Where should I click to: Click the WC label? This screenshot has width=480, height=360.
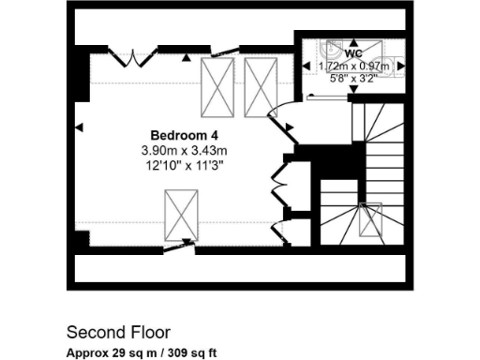352,53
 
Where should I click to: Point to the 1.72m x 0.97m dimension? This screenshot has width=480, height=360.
352,67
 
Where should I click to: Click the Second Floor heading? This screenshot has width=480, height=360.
118,332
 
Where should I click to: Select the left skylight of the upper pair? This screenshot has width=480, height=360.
219,84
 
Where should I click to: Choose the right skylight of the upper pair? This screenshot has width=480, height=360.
262,84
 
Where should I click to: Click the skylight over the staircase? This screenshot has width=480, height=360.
370,217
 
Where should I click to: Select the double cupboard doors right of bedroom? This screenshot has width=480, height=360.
278,185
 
